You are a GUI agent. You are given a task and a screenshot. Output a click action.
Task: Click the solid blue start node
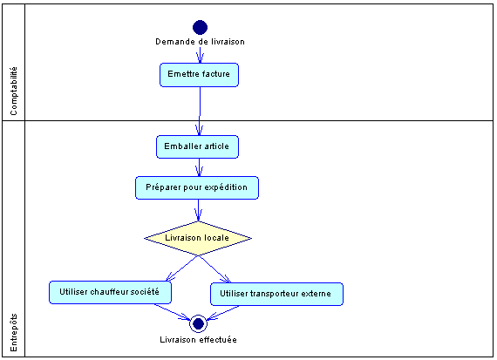(200, 27)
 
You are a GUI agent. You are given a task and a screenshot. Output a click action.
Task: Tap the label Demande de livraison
(200, 42)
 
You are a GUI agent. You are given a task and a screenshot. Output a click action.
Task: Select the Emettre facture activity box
(199, 75)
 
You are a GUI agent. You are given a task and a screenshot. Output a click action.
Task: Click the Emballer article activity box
(197, 146)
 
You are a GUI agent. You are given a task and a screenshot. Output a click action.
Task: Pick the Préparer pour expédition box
(197, 187)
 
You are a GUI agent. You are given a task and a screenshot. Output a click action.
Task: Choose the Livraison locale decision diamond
(198, 238)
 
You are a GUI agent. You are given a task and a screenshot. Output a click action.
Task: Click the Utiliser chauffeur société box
(110, 292)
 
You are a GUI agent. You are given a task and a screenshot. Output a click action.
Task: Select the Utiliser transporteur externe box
(276, 294)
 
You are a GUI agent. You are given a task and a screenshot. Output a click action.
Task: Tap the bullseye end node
(198, 323)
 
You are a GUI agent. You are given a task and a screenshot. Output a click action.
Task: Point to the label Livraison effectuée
(198, 340)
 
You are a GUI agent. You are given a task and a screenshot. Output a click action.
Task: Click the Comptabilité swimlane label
(14, 92)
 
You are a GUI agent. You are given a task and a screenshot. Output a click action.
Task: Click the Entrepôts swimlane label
(14, 332)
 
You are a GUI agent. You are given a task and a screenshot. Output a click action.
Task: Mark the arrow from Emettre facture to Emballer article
(200, 112)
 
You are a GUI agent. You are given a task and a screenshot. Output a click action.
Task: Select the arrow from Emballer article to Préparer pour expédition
(199, 167)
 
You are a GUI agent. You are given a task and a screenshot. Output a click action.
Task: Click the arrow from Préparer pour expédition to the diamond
(199, 210)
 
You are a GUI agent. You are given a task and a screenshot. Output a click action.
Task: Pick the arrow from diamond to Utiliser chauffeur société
(182, 268)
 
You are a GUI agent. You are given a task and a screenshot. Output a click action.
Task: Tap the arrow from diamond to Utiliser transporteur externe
(214, 269)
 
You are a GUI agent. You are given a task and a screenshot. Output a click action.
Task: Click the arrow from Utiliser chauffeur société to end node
(173, 312)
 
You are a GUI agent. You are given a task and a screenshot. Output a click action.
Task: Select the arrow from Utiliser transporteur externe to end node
(223, 313)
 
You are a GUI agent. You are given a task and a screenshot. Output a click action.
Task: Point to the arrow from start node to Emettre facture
(200, 55)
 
